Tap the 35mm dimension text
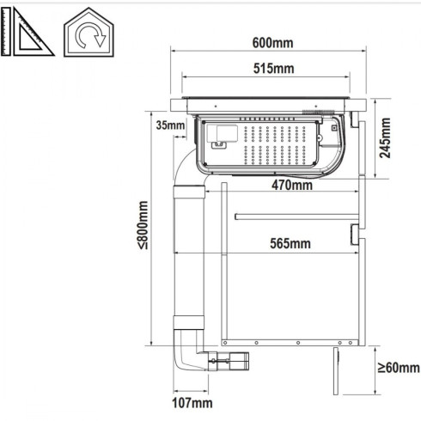coord(170,125)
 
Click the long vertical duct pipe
coord(190,258)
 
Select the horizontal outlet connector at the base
coord(231,364)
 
